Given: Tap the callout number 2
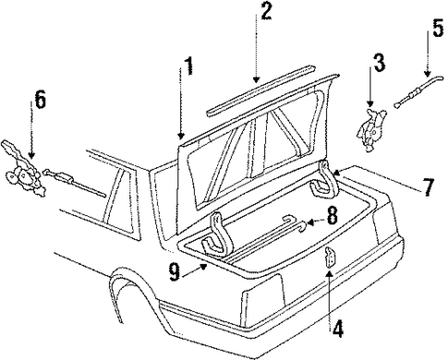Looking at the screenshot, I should tap(265, 12).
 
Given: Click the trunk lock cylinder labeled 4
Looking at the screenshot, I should tap(329, 262).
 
